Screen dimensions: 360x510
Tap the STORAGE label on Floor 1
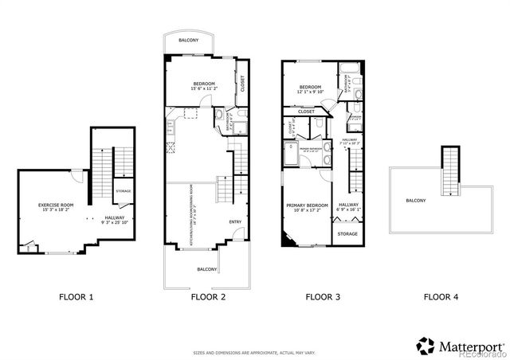[x=123, y=191]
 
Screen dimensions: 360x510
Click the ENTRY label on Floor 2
[x=235, y=222]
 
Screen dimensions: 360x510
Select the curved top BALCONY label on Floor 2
[x=190, y=39]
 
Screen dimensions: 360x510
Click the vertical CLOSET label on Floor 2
[x=242, y=83]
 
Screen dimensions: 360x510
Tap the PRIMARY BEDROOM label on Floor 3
[x=308, y=205]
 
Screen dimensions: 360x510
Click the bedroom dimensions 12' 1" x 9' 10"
[x=310, y=92]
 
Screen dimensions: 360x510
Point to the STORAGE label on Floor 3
[x=347, y=233]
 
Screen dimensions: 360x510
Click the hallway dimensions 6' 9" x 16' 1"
[x=348, y=210]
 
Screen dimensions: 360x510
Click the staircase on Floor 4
[x=452, y=171]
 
